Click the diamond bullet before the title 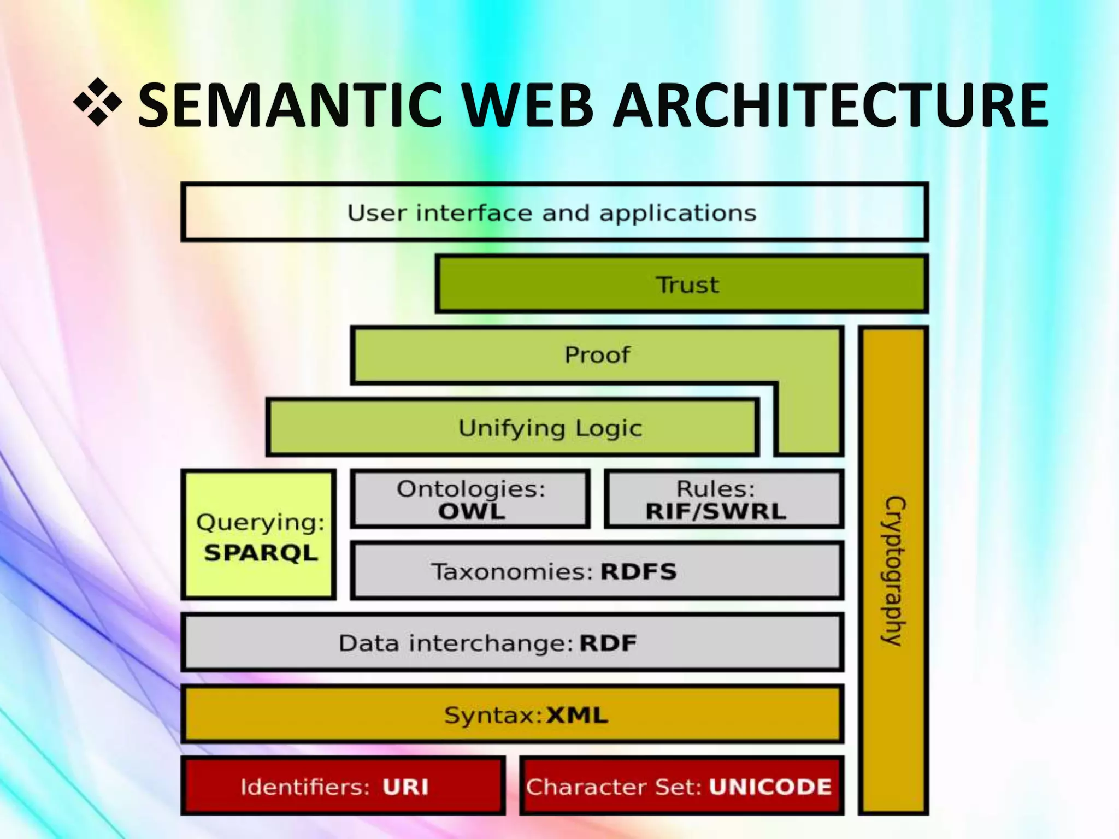pyautogui.click(x=98, y=102)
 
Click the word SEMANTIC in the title pyautogui.click(x=289, y=105)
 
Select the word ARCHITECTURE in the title pyautogui.click(x=831, y=105)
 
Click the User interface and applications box pyautogui.click(x=554, y=212)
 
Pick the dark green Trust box pyautogui.click(x=682, y=285)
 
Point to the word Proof pyautogui.click(x=597, y=355)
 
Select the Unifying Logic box pyautogui.click(x=512, y=428)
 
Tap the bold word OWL pyautogui.click(x=472, y=512)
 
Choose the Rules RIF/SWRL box pyautogui.click(x=724, y=499)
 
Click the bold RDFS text pyautogui.click(x=638, y=572)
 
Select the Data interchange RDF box pyautogui.click(x=512, y=643)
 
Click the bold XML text pyautogui.click(x=577, y=716)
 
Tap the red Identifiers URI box pyautogui.click(x=343, y=787)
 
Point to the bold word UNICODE pyautogui.click(x=770, y=787)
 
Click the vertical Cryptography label pyautogui.click(x=894, y=571)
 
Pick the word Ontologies pyautogui.click(x=471, y=489)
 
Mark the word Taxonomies pyautogui.click(x=512, y=572)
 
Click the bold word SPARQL pyautogui.click(x=261, y=553)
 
